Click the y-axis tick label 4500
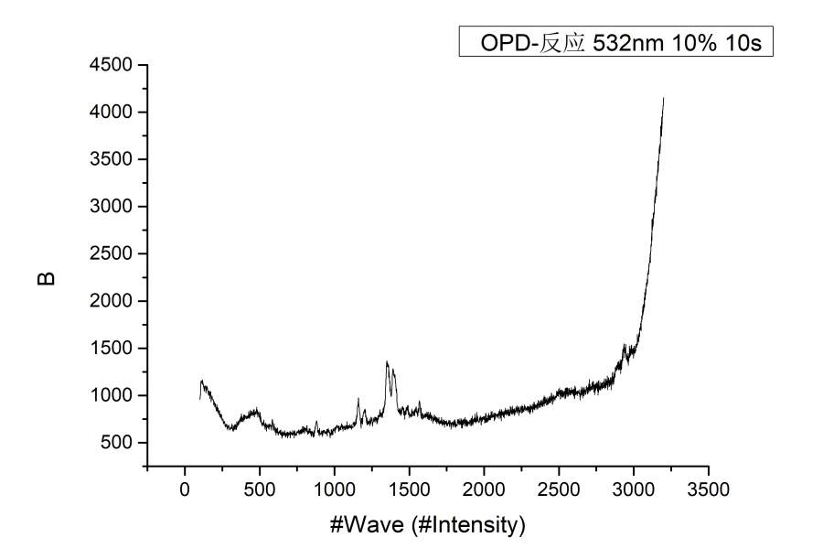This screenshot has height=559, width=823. (x=112, y=65)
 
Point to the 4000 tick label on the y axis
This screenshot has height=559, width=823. (x=112, y=113)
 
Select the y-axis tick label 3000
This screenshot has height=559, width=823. (x=112, y=207)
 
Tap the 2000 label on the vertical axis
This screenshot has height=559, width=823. (x=112, y=301)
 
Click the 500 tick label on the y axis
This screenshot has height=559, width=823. (x=117, y=443)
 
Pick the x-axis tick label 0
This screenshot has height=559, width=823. (x=185, y=489)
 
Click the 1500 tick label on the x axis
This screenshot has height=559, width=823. (x=410, y=489)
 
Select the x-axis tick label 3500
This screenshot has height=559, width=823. (x=709, y=489)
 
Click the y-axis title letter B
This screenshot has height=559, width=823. (x=47, y=276)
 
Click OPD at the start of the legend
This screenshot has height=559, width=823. (x=505, y=43)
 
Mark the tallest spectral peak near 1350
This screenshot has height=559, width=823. (x=387, y=362)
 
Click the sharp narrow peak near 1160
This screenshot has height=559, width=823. (x=358, y=398)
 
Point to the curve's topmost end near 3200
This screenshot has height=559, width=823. (x=663, y=98)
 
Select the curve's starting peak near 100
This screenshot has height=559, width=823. (x=201, y=381)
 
